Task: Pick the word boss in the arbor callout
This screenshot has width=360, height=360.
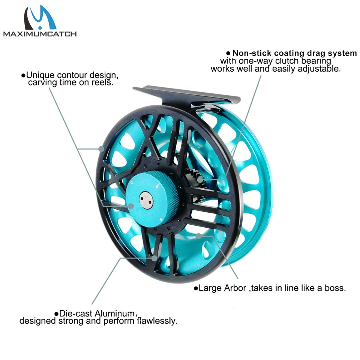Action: coord(334,288)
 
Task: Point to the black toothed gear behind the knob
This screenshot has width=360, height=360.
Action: coord(193,176)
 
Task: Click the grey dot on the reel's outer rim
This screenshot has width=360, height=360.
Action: coord(101,148)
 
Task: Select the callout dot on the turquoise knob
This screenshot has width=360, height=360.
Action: coord(131,206)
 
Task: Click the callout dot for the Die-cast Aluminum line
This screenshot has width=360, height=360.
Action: coord(154,258)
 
